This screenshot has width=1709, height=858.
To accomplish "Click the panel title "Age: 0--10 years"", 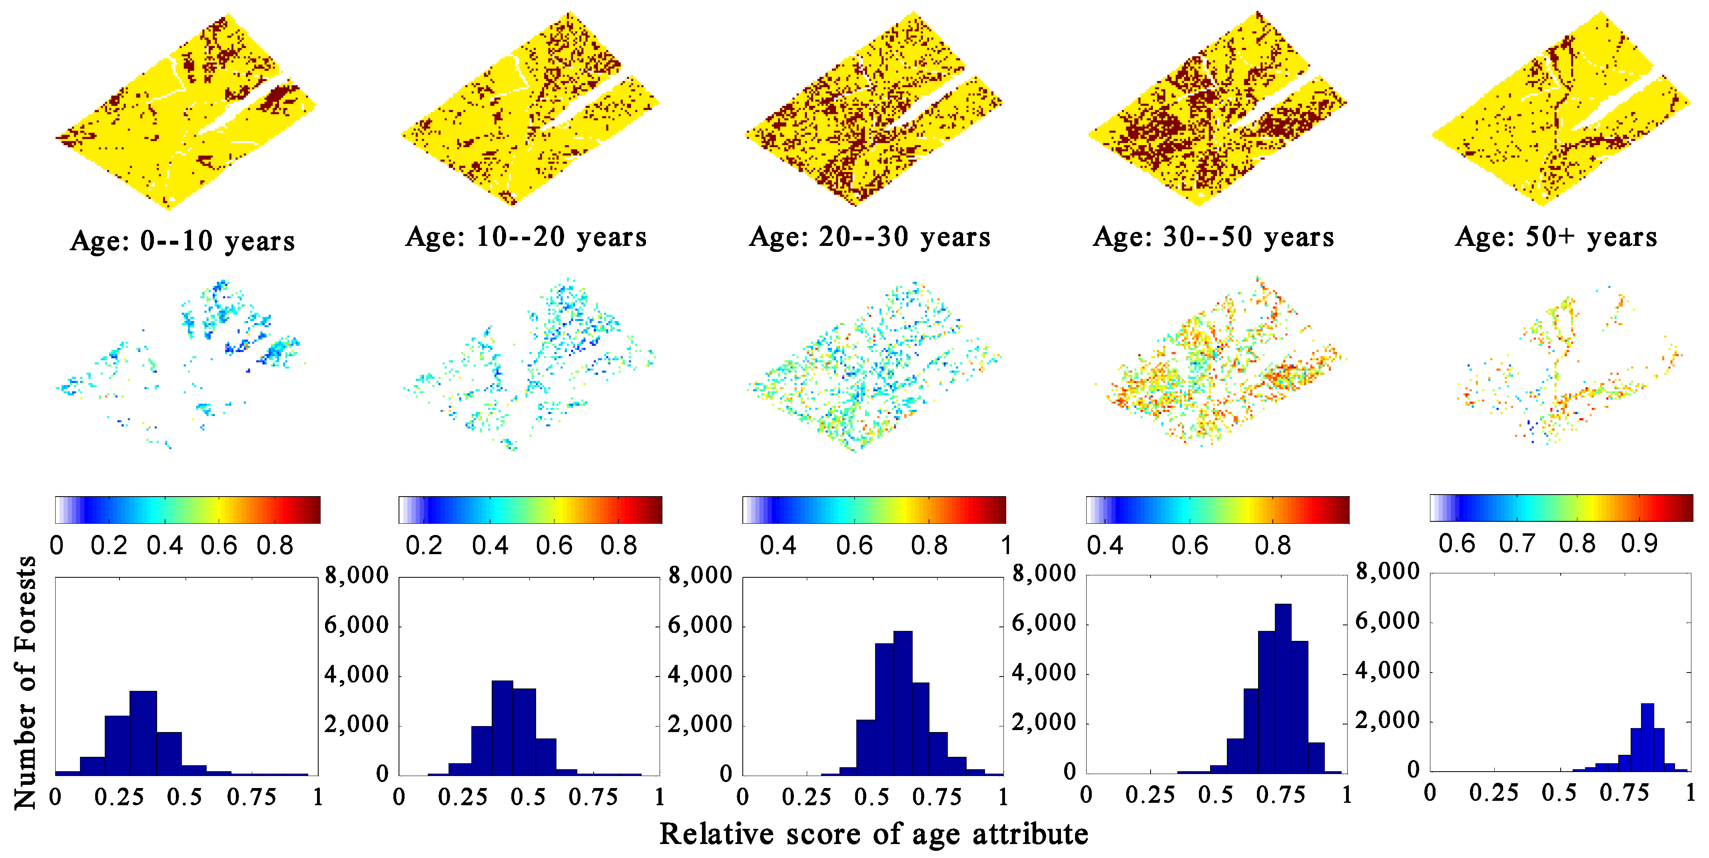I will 182,240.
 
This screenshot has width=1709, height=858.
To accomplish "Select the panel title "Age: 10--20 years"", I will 526,237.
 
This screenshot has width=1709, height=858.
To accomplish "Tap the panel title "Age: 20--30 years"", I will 870,237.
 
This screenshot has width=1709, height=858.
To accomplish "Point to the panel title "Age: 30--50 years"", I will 1213,237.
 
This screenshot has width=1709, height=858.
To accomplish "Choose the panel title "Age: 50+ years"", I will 1556,237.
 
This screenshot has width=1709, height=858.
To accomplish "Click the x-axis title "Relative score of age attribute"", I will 874,834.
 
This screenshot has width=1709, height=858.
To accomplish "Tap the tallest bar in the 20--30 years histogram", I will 902,703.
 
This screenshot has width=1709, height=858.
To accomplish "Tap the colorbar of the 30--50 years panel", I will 1217,510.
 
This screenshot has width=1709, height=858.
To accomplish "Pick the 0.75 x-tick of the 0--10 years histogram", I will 251,797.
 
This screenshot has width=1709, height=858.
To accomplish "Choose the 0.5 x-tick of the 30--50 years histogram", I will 1215,795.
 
